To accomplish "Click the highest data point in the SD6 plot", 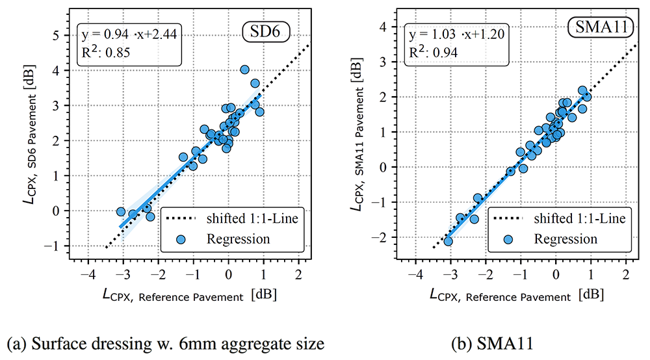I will point(245,70).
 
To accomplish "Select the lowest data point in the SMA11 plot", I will point(448,241).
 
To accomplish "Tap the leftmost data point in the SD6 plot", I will point(121,212).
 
